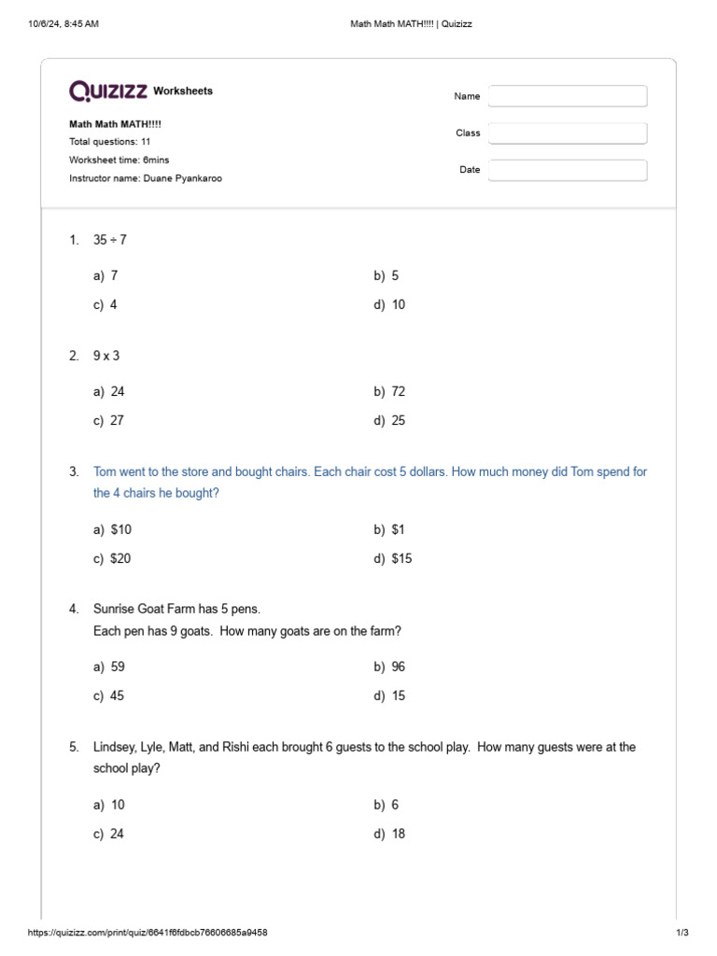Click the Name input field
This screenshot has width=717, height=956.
tap(568, 96)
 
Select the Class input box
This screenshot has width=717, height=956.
tap(568, 134)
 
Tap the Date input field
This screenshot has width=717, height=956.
tap(568, 170)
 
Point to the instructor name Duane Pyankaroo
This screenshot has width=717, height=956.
tap(146, 178)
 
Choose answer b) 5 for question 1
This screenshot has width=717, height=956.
tap(387, 275)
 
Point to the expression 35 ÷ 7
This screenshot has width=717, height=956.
tap(109, 240)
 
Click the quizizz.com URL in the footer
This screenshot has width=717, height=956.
tap(153, 933)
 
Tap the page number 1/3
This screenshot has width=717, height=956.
tap(682, 933)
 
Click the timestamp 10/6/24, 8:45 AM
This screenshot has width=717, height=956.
tap(64, 24)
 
